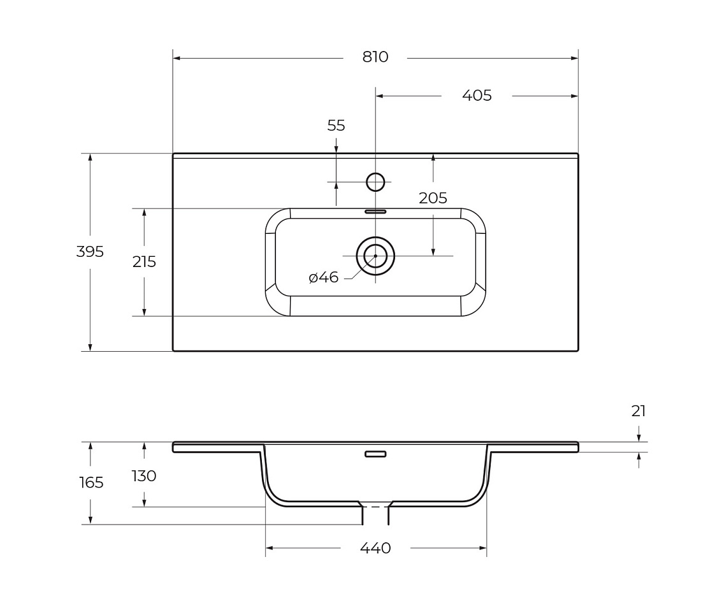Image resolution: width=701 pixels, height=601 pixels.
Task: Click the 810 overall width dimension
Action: [x=375, y=57]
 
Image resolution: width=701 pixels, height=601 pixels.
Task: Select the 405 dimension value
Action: [x=477, y=96]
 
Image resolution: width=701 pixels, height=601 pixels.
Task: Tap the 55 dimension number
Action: [x=336, y=126]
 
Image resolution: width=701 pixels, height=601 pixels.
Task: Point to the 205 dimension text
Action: [x=433, y=198]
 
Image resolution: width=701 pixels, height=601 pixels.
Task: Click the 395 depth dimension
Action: [x=90, y=252]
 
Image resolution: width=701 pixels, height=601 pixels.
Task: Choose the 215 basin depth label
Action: [x=144, y=261]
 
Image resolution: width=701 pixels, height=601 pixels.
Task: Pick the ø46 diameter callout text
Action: [x=324, y=278]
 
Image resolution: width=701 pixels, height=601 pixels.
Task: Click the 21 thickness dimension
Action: [x=639, y=411]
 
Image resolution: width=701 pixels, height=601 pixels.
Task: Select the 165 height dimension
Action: [x=91, y=482]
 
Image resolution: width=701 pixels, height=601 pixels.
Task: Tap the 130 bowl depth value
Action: [x=144, y=476]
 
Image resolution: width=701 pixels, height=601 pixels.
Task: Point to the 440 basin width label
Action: [x=375, y=548]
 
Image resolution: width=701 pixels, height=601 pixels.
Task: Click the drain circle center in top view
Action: [x=375, y=256]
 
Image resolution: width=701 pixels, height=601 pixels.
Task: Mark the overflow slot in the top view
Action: [x=375, y=212]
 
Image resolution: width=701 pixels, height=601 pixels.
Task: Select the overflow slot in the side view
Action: [x=375, y=454]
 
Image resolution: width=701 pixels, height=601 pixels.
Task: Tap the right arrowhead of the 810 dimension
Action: [x=574, y=58]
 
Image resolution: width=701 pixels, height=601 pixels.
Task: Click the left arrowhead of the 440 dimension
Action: [x=270, y=548]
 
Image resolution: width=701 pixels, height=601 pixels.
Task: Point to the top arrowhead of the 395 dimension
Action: [x=90, y=157]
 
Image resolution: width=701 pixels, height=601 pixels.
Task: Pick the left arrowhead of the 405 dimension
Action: [x=380, y=96]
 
